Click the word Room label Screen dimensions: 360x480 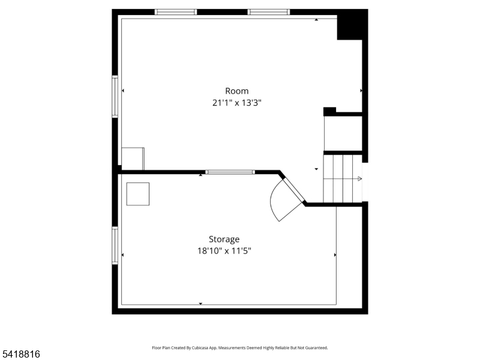click(236, 91)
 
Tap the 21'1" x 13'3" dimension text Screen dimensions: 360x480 click(236, 103)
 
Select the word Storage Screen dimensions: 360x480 click(224, 239)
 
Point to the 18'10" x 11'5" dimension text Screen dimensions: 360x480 click(224, 251)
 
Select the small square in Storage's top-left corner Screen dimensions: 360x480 click(138, 194)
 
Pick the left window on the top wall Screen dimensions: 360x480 click(176, 12)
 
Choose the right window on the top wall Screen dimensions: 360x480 click(269, 12)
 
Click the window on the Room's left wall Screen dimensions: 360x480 click(115, 96)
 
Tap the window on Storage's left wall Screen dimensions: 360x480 click(115, 245)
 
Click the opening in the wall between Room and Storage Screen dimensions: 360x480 click(230, 172)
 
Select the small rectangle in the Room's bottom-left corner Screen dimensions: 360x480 click(133, 158)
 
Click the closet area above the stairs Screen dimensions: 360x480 click(343, 133)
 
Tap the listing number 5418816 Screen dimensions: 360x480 click(20, 355)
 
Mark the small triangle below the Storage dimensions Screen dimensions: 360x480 click(200, 304)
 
